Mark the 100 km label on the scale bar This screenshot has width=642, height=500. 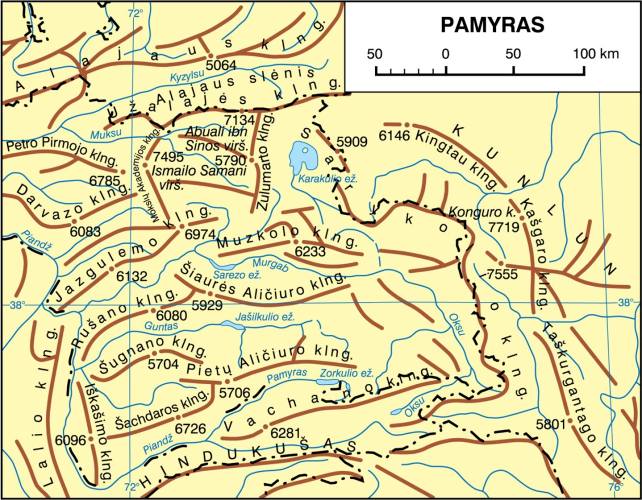(x=596, y=54)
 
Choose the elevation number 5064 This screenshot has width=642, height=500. (x=221, y=66)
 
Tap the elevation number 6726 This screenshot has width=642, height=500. (x=191, y=429)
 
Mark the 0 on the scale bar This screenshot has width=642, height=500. (x=445, y=54)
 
